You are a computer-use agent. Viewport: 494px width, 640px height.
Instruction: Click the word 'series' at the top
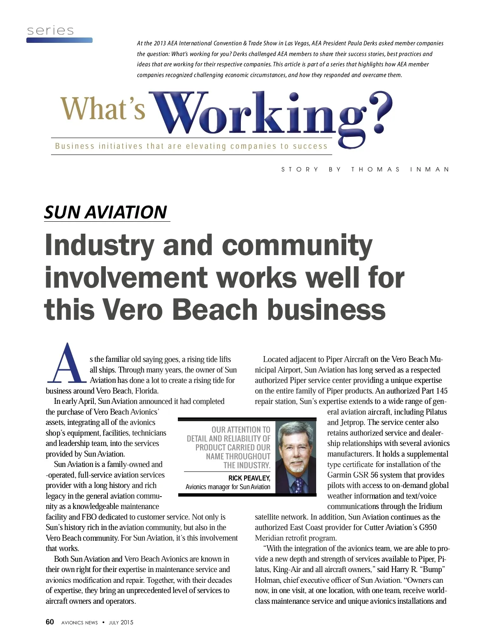(50, 30)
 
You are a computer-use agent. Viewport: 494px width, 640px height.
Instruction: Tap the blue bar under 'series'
(59, 40)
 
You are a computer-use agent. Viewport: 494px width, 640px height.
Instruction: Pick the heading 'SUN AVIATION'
(105, 212)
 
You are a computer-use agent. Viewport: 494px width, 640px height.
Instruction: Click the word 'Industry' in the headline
(99, 246)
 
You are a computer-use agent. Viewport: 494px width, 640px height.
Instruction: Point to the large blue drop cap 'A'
(67, 363)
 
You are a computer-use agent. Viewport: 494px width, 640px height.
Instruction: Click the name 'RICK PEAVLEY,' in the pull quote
(249, 478)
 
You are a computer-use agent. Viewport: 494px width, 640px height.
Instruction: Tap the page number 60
(50, 622)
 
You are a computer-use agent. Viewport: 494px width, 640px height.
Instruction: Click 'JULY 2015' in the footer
(121, 623)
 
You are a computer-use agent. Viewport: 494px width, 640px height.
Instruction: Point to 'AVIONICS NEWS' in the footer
(79, 623)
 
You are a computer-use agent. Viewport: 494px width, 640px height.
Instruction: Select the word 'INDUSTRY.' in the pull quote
(247, 465)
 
